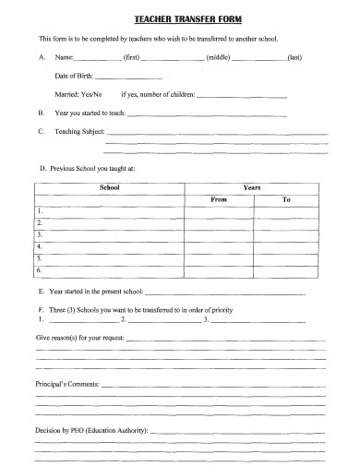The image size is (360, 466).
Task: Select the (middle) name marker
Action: (218, 57)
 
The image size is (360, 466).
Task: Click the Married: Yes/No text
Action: (78, 94)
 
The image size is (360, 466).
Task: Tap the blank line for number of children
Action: (242, 96)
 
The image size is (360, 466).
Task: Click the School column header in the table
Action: (109, 187)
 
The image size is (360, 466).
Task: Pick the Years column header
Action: (251, 187)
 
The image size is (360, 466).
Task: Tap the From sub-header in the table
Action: (218, 198)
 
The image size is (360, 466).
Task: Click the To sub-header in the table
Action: (286, 198)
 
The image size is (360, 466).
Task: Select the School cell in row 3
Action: (109, 234)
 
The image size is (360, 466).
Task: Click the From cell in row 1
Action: (218, 211)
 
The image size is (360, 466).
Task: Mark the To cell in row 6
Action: (286, 270)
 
